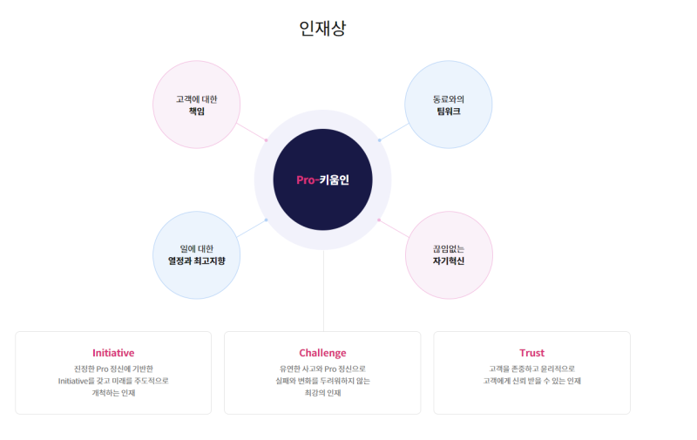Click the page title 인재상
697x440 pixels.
click(x=322, y=29)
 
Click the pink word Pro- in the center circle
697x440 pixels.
click(x=308, y=180)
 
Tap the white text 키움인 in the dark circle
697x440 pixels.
click(x=335, y=180)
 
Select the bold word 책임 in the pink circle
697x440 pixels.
click(x=197, y=112)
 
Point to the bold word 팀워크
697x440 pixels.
click(x=449, y=112)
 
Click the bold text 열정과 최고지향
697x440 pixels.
click(x=197, y=261)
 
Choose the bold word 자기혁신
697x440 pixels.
click(x=449, y=261)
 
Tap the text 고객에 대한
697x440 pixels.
click(x=197, y=99)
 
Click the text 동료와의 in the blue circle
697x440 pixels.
click(x=449, y=99)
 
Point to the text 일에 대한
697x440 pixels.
click(x=197, y=249)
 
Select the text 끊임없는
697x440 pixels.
click(x=449, y=249)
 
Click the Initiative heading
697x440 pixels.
click(x=113, y=353)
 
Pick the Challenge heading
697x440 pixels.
click(x=322, y=353)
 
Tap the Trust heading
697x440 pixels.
click(x=532, y=353)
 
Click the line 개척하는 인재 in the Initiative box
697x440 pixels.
click(x=113, y=393)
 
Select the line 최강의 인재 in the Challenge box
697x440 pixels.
click(x=322, y=393)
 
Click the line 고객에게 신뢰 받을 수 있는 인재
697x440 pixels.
click(x=532, y=381)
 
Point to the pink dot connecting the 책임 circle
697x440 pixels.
click(x=267, y=140)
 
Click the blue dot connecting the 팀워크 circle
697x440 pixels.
click(x=379, y=140)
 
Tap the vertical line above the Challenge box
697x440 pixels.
click(x=323, y=291)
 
